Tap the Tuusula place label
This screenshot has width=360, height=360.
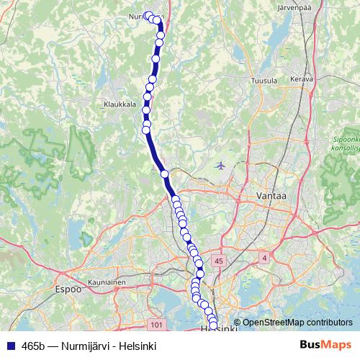pos(264,81)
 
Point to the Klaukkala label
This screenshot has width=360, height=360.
pos(120,104)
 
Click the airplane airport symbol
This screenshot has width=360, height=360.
pos(220,166)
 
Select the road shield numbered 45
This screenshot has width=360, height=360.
pos(219,260)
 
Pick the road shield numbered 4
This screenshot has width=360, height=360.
pos(264,257)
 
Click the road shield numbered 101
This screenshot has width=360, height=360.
pos(158,325)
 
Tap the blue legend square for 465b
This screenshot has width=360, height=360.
pos(10,345)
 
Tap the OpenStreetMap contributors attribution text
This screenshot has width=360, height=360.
pos(297,323)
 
